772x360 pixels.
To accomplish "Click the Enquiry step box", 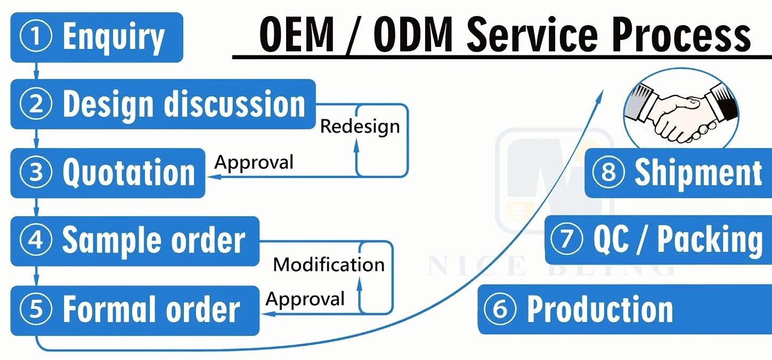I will click(x=96, y=37).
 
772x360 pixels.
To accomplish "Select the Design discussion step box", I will click(x=163, y=104).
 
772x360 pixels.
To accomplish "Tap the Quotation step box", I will click(x=108, y=173).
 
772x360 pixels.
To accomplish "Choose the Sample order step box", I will click(x=135, y=241).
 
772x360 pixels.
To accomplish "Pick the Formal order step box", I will click(x=135, y=310).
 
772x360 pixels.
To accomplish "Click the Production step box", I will click(x=624, y=309).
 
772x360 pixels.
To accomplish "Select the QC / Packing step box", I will click(x=658, y=240).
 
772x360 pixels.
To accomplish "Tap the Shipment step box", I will click(x=678, y=173).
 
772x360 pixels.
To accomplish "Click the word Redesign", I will click(x=360, y=127).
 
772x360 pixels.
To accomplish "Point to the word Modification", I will click(x=329, y=265).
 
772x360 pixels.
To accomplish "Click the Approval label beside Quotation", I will click(x=254, y=162).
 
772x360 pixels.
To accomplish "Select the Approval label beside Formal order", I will click(x=305, y=299).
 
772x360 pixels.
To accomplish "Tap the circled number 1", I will click(x=36, y=37).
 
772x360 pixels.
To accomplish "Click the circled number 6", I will click(x=500, y=309).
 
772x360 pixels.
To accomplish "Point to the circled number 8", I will click(x=608, y=173).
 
